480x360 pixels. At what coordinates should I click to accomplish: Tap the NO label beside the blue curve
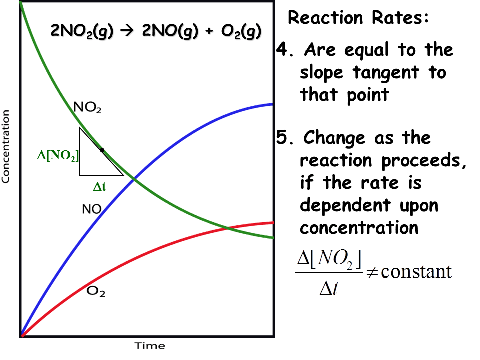92,209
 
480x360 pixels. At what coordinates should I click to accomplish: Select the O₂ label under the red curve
96,291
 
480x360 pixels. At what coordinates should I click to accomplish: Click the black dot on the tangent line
102,150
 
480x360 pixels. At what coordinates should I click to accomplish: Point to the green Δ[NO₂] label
58,156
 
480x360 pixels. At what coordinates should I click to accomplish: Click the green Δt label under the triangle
100,188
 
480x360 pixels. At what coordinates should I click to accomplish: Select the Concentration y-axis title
6,147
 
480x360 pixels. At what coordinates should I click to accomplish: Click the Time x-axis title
149,346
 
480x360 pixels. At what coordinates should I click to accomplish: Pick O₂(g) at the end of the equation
239,31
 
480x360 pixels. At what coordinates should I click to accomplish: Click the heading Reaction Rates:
358,18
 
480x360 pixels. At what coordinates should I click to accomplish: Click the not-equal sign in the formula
371,273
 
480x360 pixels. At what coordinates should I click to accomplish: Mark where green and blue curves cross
134,178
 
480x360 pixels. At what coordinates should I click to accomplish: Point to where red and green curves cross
228,228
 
